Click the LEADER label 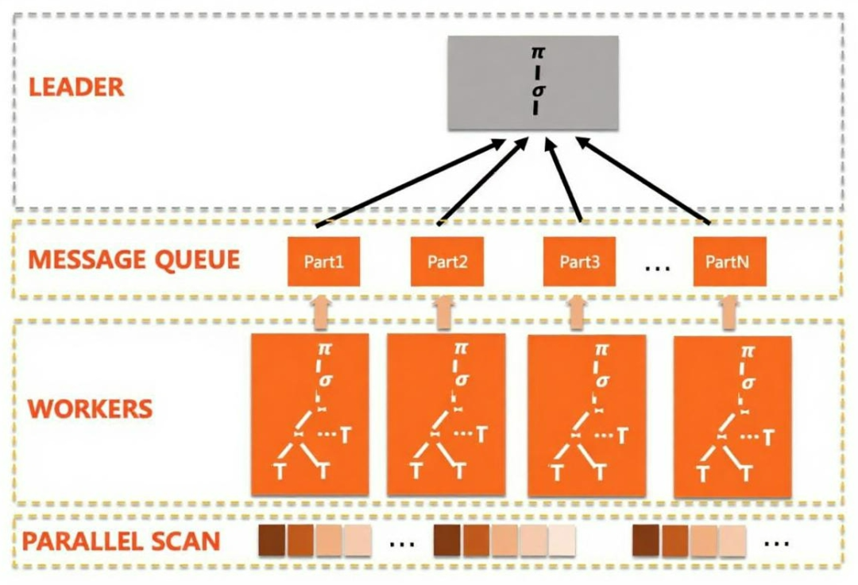pos(77,87)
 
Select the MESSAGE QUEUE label pos(133,259)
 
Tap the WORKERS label pos(90,409)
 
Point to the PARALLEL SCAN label pos(121,541)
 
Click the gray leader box pos(532,83)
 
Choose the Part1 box pos(323,261)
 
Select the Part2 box pos(447,261)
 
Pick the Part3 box pos(579,261)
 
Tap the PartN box pos(729,261)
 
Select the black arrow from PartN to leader pos(642,182)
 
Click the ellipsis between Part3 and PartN pos(658,267)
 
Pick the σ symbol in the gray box pos(536,90)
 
